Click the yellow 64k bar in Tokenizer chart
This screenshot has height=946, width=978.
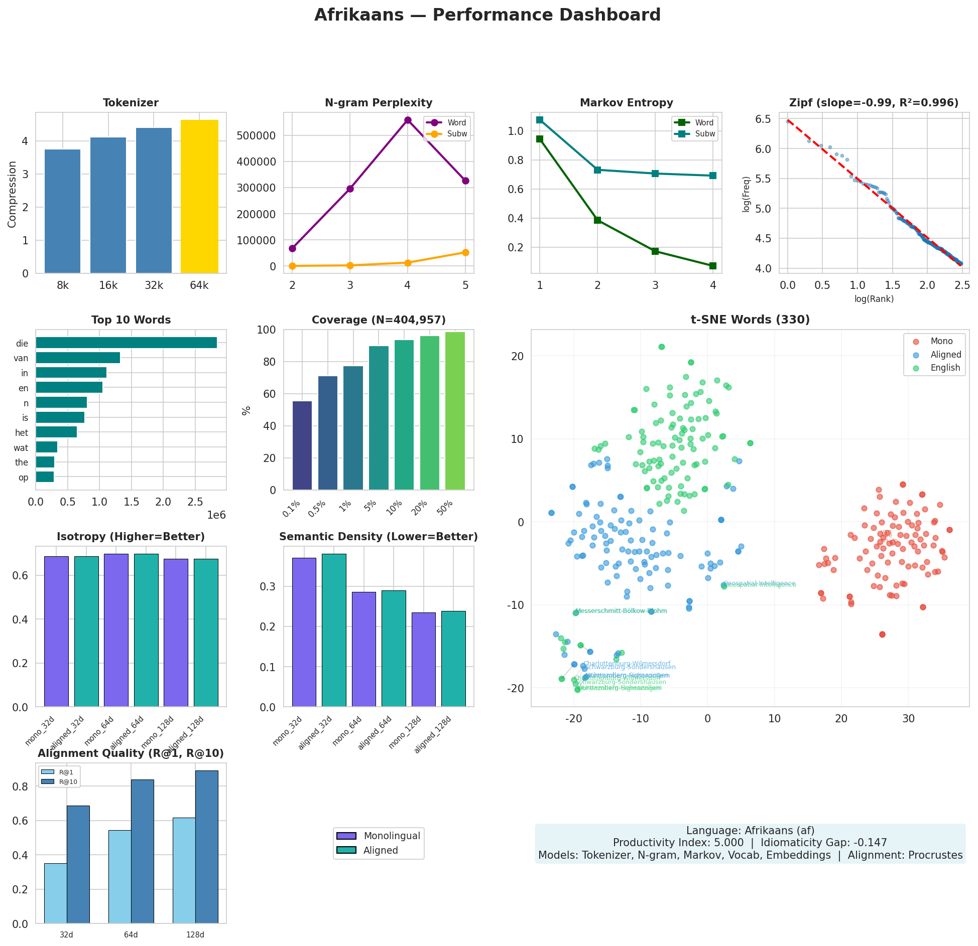click(x=199, y=197)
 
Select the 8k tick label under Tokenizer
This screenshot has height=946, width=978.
click(x=63, y=285)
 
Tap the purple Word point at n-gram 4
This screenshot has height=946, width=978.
click(x=408, y=120)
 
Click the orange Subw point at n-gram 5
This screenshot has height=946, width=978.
click(x=465, y=252)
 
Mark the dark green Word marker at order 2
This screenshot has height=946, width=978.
click(x=597, y=220)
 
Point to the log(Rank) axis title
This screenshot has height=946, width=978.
click(x=874, y=299)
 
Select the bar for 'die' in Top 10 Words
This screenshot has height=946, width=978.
click(x=126, y=343)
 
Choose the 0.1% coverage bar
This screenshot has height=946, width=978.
click(x=302, y=445)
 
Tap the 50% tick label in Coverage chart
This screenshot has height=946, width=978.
click(x=445, y=508)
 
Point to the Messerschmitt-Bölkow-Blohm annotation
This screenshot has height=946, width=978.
click(x=621, y=611)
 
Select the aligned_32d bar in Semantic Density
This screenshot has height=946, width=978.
click(x=334, y=630)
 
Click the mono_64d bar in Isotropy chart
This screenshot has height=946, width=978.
click(x=116, y=630)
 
